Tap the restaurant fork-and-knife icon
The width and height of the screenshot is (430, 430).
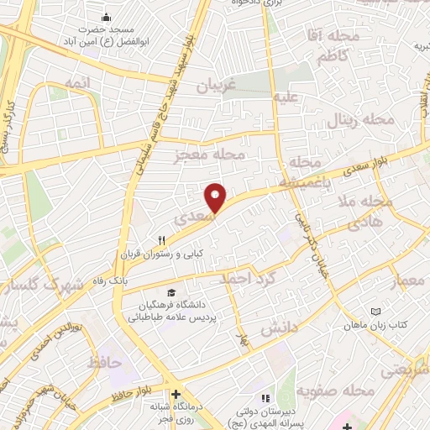[x=173, y=240]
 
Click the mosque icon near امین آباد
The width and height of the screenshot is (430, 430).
[x=106, y=17]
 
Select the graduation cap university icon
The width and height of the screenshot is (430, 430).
[x=172, y=292]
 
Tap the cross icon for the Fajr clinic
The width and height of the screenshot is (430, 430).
[x=176, y=395]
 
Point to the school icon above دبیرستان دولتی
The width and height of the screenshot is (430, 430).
[x=265, y=397]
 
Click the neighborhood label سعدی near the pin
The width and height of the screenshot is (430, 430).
[x=188, y=219]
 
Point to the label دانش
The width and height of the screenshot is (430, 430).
[x=280, y=329]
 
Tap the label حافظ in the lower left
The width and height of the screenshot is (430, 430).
[x=105, y=362]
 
